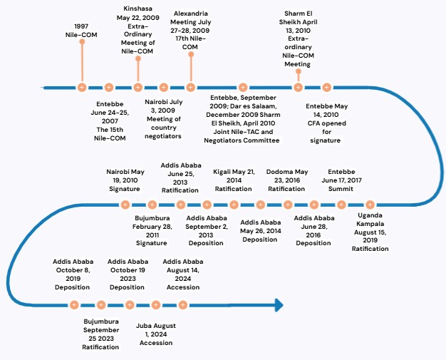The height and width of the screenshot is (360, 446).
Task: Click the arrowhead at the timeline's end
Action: pyautogui.click(x=279, y=305)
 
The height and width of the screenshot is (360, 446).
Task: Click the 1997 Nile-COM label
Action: pyautogui.click(x=81, y=31)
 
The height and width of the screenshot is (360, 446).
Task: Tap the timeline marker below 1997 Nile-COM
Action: pyautogui.click(x=82, y=88)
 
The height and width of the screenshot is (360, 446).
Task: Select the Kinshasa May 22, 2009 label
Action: pyautogui.click(x=138, y=30)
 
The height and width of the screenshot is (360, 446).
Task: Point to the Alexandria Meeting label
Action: pyautogui.click(x=190, y=30)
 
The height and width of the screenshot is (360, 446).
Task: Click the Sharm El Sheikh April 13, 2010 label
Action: pyautogui.click(x=298, y=38)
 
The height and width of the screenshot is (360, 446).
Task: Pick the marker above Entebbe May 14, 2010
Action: pyautogui.click(x=326, y=88)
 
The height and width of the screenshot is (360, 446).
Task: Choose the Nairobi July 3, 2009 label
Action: pyautogui.click(x=164, y=119)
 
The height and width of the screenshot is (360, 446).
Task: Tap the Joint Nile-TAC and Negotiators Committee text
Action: pyautogui.click(x=242, y=136)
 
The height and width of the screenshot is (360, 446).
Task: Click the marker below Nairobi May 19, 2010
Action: pyautogui.click(x=125, y=205)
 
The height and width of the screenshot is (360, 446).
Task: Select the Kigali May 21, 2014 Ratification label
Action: pyautogui.click(x=234, y=180)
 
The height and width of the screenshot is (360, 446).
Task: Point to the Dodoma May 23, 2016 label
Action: pyautogui.click(x=287, y=180)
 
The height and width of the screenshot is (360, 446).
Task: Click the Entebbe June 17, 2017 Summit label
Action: pyautogui.click(x=341, y=180)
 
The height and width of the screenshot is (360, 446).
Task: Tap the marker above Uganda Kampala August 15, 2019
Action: pyautogui.click(x=370, y=205)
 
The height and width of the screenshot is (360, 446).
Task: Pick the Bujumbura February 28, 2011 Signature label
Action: pyautogui.click(x=152, y=230)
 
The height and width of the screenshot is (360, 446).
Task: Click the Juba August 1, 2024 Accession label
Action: pyautogui.click(x=156, y=334)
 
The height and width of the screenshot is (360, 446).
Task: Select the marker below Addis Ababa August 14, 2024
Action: pyautogui.click(x=182, y=305)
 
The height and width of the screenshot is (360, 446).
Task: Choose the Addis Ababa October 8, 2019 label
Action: pyautogui.click(x=73, y=274)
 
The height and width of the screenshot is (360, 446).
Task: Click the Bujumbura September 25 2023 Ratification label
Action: pyautogui.click(x=101, y=334)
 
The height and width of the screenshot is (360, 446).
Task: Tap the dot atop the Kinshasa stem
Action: pyautogui.click(x=138, y=58)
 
